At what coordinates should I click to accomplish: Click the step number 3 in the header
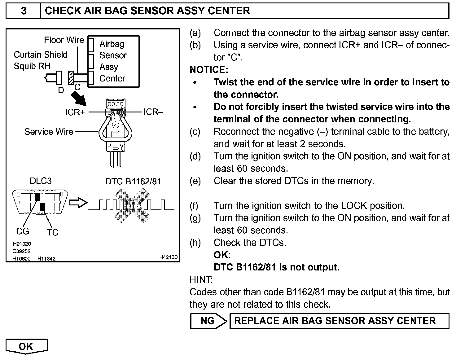[x=24, y=11]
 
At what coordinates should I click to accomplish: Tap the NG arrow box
[x=208, y=321]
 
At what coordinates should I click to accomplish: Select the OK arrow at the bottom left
[x=26, y=346]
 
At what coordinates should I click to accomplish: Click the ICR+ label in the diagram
[x=75, y=112]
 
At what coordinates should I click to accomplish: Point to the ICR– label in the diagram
[x=153, y=112]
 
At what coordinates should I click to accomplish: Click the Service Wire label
[x=49, y=132]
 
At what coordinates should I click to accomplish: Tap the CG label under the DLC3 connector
[x=22, y=231]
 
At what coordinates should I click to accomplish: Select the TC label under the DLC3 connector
[x=53, y=232]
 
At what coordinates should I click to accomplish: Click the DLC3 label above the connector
[x=41, y=181]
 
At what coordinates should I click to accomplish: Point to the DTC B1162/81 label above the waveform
[x=133, y=181]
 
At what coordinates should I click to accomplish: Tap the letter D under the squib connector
[x=61, y=90]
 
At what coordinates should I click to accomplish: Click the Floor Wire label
[x=64, y=40]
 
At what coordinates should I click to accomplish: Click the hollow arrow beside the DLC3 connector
[x=78, y=203]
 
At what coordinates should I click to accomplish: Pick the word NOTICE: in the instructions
[x=209, y=70]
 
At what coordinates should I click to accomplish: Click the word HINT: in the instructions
[x=201, y=279]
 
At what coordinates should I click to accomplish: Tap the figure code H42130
[x=169, y=257]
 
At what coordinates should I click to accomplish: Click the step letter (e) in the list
[x=195, y=181]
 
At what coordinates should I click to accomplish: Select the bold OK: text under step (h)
[x=222, y=255]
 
